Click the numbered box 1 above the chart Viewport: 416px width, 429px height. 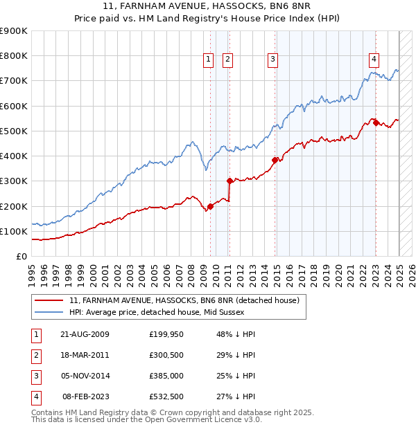click(x=208, y=60)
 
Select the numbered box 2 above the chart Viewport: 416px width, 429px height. click(x=227, y=60)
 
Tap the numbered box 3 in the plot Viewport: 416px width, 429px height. click(x=273, y=60)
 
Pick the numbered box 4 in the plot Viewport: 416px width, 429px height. click(x=374, y=60)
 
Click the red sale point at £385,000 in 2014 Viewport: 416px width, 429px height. click(x=275, y=160)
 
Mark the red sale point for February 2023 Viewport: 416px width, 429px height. click(x=376, y=123)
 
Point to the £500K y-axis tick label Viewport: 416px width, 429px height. click(x=14, y=131)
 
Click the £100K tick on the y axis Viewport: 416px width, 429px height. click(x=14, y=231)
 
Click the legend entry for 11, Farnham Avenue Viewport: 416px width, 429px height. click(x=184, y=300)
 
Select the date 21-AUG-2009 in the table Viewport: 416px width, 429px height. click(x=85, y=334)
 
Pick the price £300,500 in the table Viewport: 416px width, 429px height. click(x=166, y=355)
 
